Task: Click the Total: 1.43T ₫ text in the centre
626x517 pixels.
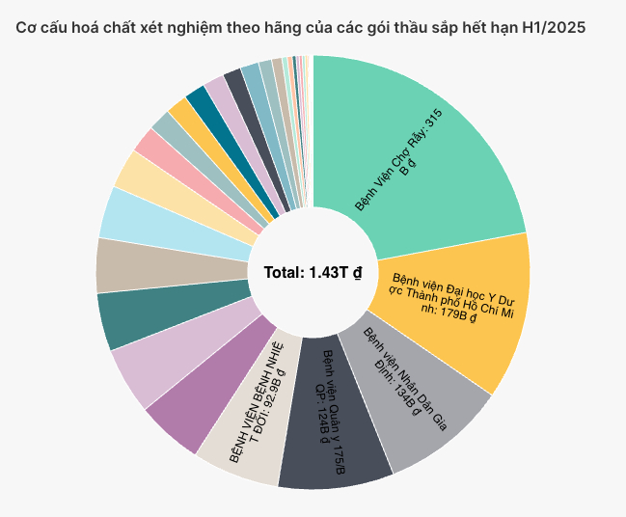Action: [313, 273]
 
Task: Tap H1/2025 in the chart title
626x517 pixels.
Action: [553, 28]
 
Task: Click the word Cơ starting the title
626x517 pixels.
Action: [25, 28]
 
